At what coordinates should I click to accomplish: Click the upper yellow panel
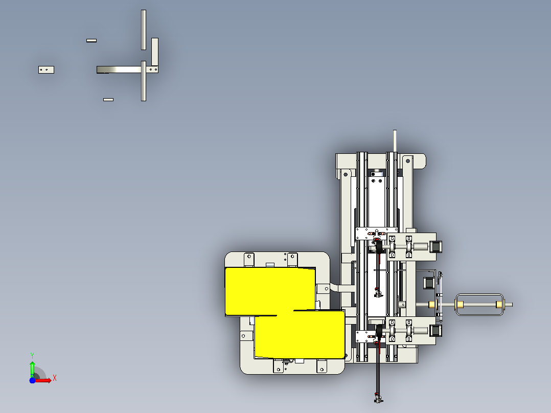(x=270, y=291)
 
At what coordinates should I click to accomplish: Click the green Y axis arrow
(x=32, y=368)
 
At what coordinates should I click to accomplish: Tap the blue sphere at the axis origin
(x=32, y=380)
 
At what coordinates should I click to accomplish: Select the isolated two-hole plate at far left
(x=46, y=70)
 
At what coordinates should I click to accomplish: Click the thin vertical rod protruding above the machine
(x=395, y=141)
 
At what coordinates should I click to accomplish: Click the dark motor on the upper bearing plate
(x=435, y=246)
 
